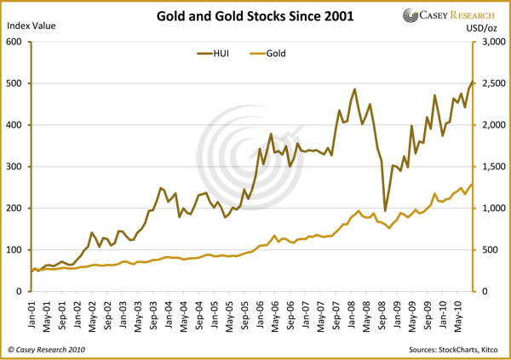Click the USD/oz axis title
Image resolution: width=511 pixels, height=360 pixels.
tap(482, 28)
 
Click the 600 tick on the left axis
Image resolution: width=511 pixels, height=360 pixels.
tap(14, 42)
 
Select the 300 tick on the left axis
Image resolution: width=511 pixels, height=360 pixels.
tap(14, 167)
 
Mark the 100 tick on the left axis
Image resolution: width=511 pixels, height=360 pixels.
tap(14, 250)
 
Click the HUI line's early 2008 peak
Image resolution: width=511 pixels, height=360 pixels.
tap(354, 89)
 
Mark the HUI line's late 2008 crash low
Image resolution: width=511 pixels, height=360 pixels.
tap(385, 211)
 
